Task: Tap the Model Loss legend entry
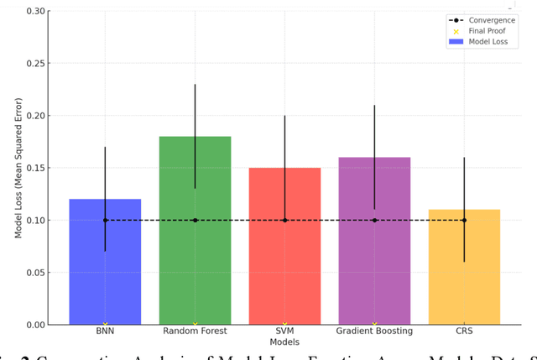coord(487,41)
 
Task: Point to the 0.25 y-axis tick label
coord(37,63)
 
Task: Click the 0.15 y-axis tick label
coord(37,168)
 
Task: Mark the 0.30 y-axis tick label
coord(37,11)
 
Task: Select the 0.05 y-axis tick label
coord(37,273)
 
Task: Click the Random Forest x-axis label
coord(195,331)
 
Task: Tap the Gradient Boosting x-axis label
coord(374,331)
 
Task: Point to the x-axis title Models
coord(284,342)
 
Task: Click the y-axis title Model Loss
coord(18,168)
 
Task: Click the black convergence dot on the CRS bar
coord(464,220)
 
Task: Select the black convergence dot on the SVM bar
coord(284,220)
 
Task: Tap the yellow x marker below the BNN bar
coord(105,324)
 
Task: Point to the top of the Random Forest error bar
coord(195,85)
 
